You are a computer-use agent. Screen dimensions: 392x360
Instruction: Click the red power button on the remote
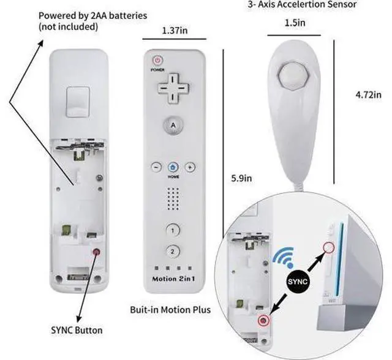(x=157, y=61)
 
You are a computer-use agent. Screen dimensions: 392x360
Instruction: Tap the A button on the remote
(x=173, y=125)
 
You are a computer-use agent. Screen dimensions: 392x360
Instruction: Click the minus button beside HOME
(x=157, y=167)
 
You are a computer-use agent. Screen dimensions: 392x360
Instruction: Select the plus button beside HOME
(x=190, y=167)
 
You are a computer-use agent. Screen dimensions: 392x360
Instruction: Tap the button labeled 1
(x=173, y=230)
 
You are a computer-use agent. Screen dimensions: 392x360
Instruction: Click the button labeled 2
(x=173, y=251)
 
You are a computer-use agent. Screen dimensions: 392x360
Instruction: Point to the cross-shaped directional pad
(x=173, y=88)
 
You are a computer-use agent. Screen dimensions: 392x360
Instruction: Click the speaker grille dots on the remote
(x=173, y=199)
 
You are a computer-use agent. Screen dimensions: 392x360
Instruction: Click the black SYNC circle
(x=298, y=282)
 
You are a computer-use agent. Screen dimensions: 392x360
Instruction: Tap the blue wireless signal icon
(x=284, y=257)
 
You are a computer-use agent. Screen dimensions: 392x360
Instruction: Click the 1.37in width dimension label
(x=175, y=31)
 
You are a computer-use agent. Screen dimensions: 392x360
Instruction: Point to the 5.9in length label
(x=241, y=178)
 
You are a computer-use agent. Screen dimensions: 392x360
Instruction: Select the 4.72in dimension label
(x=369, y=95)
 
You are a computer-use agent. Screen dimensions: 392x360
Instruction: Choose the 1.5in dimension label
(x=295, y=23)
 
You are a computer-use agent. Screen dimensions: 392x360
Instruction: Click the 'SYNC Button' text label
(x=77, y=330)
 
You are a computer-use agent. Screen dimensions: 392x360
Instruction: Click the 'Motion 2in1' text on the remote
(x=173, y=279)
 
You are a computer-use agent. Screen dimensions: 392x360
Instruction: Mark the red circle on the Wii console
(x=328, y=247)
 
